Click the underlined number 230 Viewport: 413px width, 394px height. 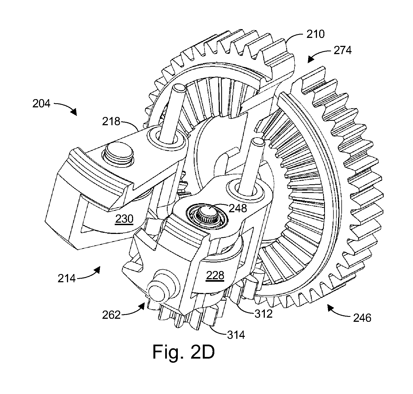click(124, 219)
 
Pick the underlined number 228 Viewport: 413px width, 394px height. click(215, 275)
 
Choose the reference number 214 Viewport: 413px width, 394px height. click(67, 278)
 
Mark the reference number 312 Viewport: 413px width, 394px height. click(263, 314)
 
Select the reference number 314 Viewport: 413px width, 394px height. click(236, 334)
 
